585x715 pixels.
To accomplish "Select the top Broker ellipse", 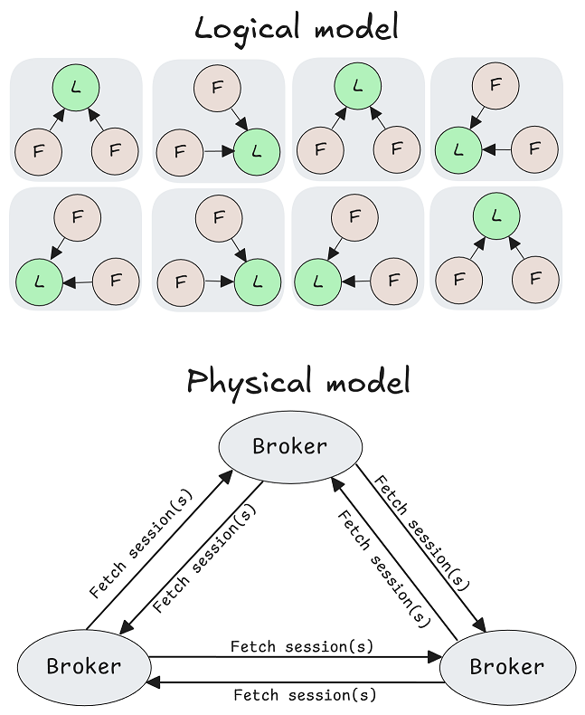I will click(290, 446).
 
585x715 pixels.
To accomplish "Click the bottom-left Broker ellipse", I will click(83, 667).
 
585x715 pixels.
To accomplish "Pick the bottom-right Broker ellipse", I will click(507, 667).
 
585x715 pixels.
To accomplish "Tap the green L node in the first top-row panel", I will click(76, 88).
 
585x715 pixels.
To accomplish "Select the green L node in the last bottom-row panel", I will click(495, 215).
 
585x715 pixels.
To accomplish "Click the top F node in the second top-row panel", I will click(216, 89).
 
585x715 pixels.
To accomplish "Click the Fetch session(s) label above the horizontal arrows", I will click(302, 646).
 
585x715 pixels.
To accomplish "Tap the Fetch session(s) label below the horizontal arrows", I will click(305, 695).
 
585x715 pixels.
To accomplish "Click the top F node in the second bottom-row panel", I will click(216, 217).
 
